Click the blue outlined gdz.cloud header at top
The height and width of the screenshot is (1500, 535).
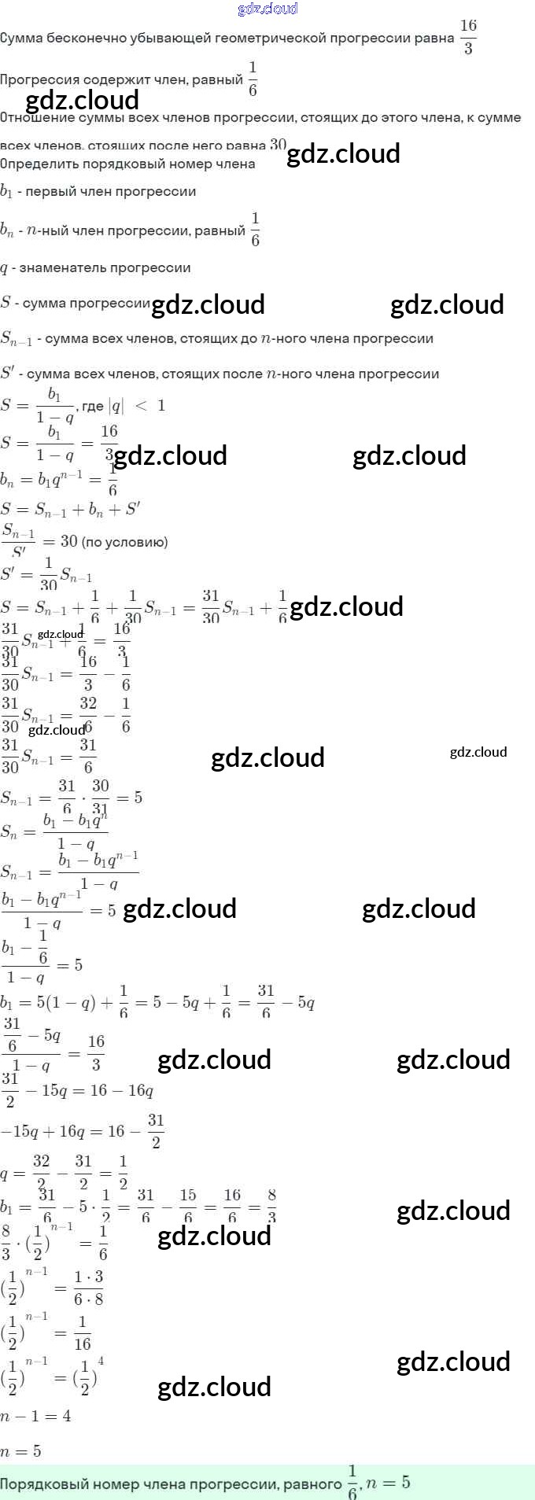tap(267, 9)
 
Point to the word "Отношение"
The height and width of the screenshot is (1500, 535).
tap(36, 118)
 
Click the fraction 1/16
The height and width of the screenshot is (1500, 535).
tap(83, 1332)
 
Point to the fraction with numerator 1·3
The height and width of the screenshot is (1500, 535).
tap(88, 1287)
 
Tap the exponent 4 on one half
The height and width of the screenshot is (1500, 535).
tap(101, 1362)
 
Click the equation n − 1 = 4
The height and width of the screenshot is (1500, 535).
tap(35, 1416)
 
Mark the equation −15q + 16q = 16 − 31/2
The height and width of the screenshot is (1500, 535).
tap(83, 1131)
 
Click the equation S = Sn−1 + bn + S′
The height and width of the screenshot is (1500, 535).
tap(71, 509)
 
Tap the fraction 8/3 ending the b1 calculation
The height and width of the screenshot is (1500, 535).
tap(271, 1203)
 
